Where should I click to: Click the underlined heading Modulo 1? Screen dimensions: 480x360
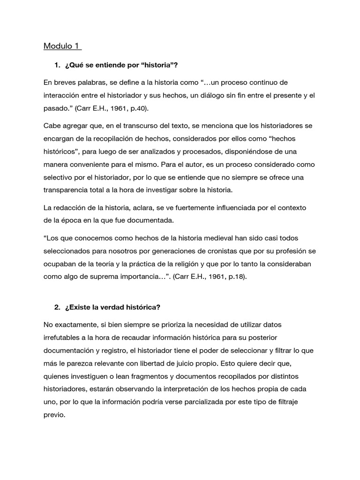coord(62,46)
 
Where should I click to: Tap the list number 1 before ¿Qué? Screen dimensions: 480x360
coord(57,65)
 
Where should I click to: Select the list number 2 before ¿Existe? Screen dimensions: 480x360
coord(57,307)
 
